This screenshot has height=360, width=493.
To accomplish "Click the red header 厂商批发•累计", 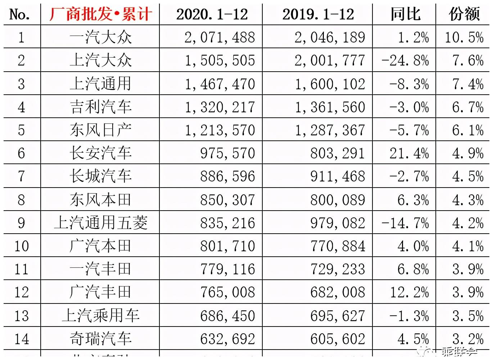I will point(100,14).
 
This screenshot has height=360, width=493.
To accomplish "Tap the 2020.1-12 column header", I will point(212,14).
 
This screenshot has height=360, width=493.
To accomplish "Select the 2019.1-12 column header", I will point(318,14).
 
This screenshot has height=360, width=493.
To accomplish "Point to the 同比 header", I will point(405,14).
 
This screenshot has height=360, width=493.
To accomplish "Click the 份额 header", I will point(464,14).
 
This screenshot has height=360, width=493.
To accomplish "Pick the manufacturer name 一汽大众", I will point(100,37).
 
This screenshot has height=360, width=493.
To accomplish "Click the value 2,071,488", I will point(220,37).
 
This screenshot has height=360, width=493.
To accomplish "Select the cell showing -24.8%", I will point(405,60).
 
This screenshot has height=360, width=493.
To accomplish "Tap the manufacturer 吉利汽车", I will point(100,107).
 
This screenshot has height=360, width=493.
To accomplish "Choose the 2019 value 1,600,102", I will point(330,84).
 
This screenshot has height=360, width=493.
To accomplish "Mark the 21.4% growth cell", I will point(409,153).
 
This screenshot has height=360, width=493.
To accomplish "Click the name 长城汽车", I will point(100,176).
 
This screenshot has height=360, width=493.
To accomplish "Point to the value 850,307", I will point(227,200).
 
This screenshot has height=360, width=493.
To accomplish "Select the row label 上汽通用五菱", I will point(100,223).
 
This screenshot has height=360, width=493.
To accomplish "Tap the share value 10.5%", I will point(464,37).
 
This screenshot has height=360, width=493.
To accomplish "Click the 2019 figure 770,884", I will point(338,246).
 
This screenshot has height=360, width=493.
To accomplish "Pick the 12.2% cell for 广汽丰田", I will point(409,292).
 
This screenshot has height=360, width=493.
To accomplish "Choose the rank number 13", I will point(22,316).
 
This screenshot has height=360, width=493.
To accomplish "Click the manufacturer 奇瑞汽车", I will point(100,339).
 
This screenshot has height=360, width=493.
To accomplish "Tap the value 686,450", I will point(227,316).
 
